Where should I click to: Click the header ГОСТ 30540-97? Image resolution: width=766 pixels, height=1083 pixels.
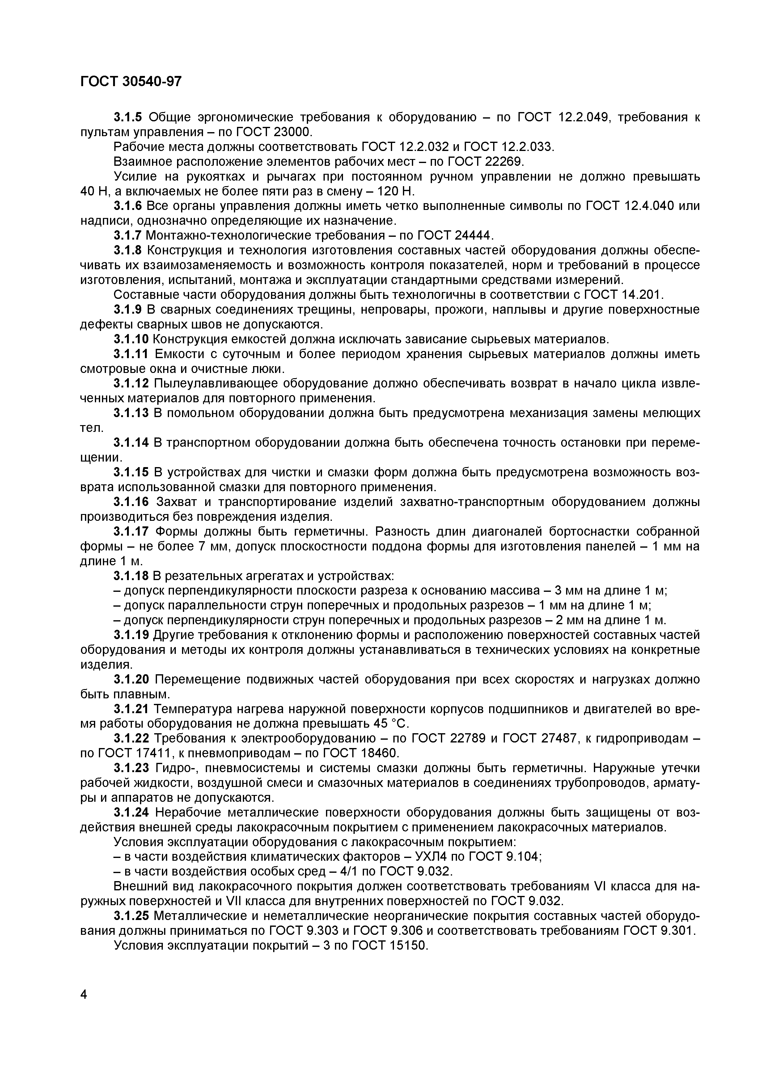click(x=131, y=82)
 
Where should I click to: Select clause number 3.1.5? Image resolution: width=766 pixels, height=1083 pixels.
click(x=129, y=117)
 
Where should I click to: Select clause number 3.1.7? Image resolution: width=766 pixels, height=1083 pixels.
click(x=129, y=235)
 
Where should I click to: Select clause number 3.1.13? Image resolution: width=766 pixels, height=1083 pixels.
click(x=132, y=413)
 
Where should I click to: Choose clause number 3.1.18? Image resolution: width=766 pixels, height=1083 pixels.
click(x=132, y=576)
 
